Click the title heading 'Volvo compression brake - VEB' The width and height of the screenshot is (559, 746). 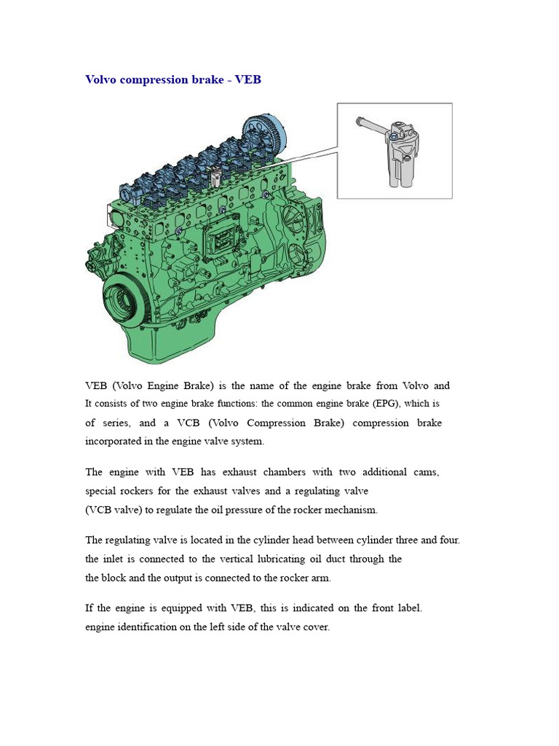coord(173,79)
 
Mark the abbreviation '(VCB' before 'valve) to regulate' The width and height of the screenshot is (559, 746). coord(99,510)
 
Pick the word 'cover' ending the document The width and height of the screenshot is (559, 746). coord(315,627)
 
